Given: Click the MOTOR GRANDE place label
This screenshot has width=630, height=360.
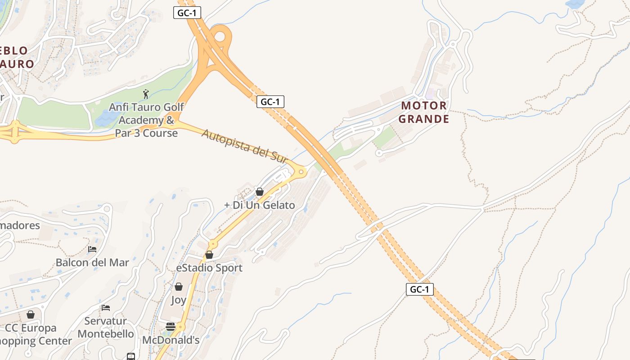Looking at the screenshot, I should [x=424, y=112].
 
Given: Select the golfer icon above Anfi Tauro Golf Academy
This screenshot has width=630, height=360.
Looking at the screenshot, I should [x=145, y=94].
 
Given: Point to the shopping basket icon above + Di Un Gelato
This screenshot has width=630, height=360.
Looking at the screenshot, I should [x=260, y=192].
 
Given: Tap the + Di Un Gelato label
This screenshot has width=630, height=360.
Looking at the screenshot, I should [x=260, y=205].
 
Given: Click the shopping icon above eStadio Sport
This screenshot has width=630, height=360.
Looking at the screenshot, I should [x=209, y=255].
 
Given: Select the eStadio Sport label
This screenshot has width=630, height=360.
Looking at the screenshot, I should [x=209, y=268].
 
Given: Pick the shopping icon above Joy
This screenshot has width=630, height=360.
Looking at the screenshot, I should [x=179, y=287].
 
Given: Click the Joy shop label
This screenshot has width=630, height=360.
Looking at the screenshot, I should [x=179, y=300].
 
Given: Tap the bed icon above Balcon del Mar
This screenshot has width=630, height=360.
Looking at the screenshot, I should [x=92, y=249].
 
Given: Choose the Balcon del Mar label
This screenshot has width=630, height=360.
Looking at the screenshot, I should [x=92, y=262].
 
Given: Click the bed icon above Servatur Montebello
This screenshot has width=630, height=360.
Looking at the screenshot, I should [x=106, y=308].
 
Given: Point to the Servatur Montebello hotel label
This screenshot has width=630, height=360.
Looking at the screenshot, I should [x=106, y=327].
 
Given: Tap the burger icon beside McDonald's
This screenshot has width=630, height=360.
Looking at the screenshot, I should [x=171, y=327].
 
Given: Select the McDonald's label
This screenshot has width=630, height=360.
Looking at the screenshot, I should [x=171, y=340].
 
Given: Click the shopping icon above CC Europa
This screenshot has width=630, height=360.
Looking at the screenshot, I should [x=31, y=315].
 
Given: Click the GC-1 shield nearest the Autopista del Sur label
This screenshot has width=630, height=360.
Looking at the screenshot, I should [x=270, y=102].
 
